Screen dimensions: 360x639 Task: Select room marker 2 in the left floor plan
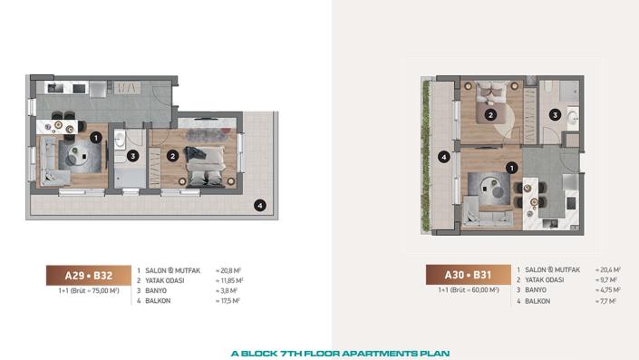(x=172, y=155)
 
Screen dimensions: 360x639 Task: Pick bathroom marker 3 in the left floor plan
(x=132, y=156)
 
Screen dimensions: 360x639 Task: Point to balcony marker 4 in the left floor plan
(x=259, y=205)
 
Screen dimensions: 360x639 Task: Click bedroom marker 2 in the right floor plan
(x=489, y=115)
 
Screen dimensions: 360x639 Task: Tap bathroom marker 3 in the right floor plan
(x=555, y=114)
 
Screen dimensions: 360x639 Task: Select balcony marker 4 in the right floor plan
(x=443, y=157)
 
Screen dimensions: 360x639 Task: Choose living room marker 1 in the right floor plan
(x=513, y=167)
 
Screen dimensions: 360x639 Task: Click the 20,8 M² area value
(x=229, y=270)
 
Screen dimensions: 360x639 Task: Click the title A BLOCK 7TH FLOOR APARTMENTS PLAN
(x=339, y=353)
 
